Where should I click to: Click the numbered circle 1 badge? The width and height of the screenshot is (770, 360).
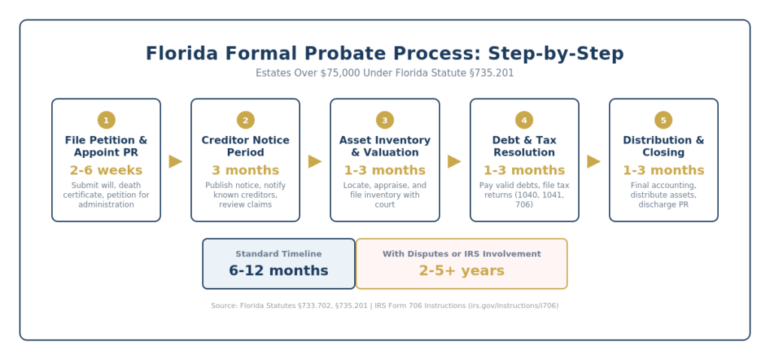(106, 120)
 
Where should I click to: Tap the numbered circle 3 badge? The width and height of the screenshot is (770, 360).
(385, 120)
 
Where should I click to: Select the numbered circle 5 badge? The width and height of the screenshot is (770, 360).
(663, 120)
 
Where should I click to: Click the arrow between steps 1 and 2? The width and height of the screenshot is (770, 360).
(175, 161)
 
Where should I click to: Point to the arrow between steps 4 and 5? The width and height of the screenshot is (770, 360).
(593, 161)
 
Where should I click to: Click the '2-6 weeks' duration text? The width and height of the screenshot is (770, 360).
(106, 171)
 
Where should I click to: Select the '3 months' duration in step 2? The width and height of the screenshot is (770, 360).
(245, 171)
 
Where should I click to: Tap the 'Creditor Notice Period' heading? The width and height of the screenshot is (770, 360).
(245, 147)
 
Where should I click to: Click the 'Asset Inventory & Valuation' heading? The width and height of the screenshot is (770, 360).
(385, 147)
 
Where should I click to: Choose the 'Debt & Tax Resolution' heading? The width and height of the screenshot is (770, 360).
(524, 147)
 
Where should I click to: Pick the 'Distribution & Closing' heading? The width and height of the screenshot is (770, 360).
(663, 147)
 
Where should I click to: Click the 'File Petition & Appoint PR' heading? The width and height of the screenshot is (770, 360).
(106, 147)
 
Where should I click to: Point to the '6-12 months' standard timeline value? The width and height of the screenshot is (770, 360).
(278, 271)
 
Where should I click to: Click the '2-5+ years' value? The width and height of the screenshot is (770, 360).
(461, 271)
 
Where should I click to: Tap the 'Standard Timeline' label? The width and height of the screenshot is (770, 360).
(278, 254)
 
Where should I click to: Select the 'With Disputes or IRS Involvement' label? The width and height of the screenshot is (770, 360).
(461, 254)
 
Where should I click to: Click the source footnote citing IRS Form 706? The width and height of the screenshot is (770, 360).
(385, 306)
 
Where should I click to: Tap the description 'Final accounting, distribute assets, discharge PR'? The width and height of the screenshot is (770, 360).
(663, 195)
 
